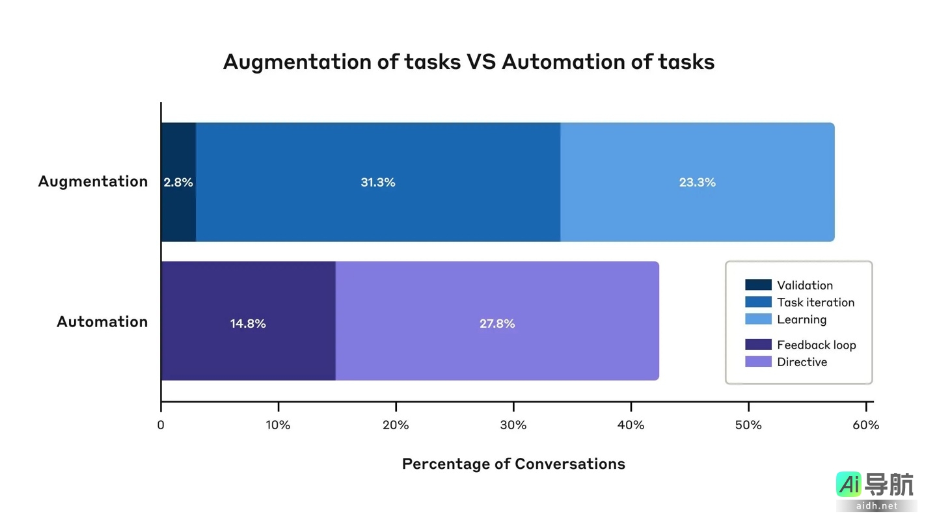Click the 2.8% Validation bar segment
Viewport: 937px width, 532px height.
178,183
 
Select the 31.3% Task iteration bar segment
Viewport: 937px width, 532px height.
377,183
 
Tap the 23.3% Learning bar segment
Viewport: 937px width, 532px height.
697,183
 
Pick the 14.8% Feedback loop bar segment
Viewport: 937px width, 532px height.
248,323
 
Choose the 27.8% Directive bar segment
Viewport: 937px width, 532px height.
497,323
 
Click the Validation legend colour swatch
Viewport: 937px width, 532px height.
758,285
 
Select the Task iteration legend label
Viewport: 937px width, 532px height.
815,302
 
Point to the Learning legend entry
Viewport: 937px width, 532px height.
802,319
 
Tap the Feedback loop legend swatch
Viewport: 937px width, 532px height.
758,345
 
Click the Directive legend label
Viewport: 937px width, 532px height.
802,362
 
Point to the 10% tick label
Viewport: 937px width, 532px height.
278,425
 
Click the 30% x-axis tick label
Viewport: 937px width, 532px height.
513,425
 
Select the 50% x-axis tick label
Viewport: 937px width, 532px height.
748,425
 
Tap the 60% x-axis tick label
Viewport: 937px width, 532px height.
865,425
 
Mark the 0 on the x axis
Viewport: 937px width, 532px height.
161,425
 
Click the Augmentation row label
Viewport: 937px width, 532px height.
93,181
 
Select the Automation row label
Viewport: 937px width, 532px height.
102,322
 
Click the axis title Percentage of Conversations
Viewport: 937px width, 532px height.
513,464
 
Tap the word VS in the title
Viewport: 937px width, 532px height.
482,62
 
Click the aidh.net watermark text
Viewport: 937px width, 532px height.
876,505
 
